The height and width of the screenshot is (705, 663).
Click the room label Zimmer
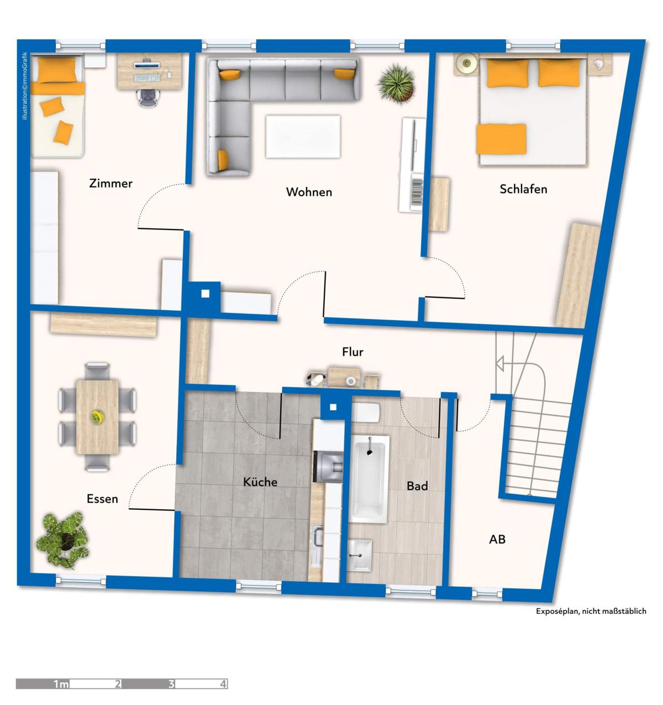(x=110, y=184)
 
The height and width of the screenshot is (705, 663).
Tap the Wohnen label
(x=309, y=192)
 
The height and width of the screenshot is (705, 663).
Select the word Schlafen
(x=523, y=189)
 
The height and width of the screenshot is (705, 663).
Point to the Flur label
(x=352, y=352)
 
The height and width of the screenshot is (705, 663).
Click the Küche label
(x=260, y=482)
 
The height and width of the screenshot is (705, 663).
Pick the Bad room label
(x=417, y=486)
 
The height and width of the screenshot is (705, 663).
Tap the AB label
(x=497, y=539)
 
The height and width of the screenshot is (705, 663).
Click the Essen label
(x=102, y=499)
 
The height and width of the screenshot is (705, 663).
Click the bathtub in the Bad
(x=369, y=479)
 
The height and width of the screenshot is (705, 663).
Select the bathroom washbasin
(x=360, y=555)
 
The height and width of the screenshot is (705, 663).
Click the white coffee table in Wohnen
(x=303, y=137)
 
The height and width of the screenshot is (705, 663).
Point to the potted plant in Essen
(x=63, y=540)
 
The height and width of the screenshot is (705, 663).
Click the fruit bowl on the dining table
(x=97, y=416)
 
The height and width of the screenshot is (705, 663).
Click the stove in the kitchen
(x=328, y=467)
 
